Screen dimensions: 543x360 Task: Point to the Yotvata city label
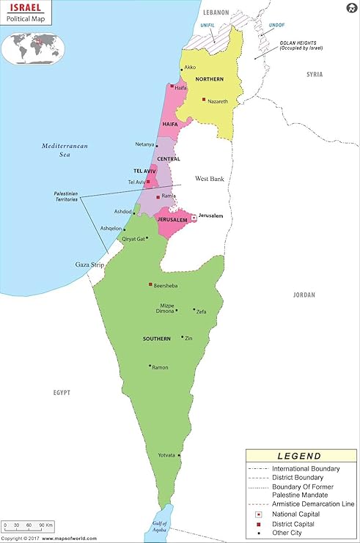(166, 455)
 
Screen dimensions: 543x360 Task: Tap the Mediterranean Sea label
(65, 150)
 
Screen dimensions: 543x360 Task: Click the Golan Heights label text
(301, 45)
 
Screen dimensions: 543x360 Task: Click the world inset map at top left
(34, 46)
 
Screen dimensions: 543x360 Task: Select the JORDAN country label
(304, 295)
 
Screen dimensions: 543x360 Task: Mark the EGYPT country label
(62, 393)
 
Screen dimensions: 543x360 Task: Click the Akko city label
(191, 67)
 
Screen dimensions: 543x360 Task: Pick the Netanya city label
(145, 144)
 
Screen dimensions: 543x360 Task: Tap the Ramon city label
(160, 366)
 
